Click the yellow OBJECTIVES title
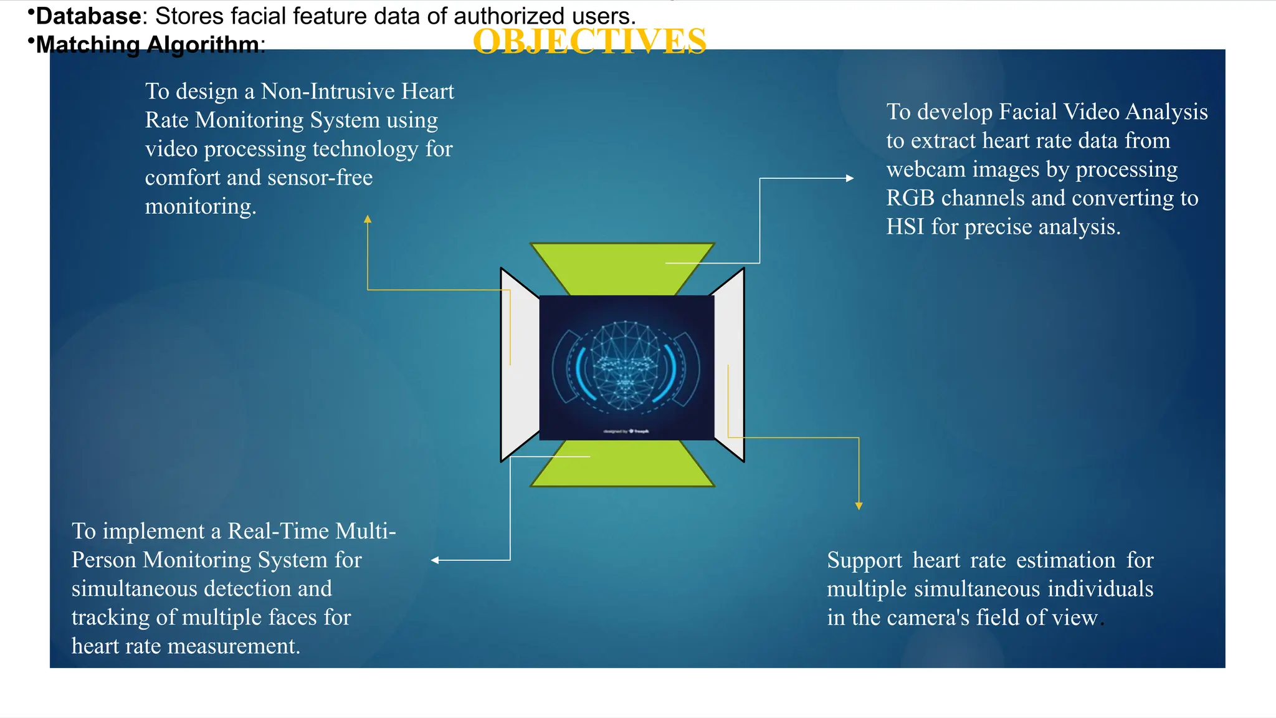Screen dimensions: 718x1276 589,41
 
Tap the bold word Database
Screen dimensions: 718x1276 88,16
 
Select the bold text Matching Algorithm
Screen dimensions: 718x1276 148,45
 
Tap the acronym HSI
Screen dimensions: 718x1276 905,227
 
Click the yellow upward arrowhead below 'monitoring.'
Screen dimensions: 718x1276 368,219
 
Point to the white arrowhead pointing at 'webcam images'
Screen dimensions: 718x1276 850,178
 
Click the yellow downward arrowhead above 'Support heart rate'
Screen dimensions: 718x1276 859,506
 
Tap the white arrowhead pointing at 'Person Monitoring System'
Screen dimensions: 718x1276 435,560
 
